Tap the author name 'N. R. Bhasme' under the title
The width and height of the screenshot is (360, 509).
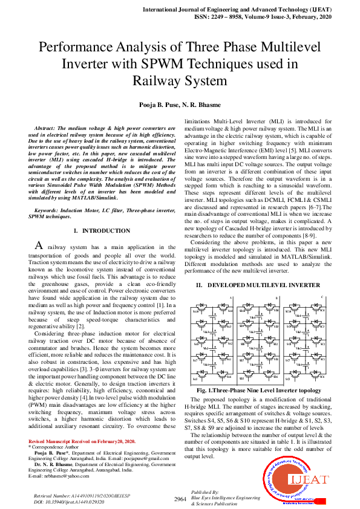point(201,105)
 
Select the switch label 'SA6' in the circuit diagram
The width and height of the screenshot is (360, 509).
point(230,377)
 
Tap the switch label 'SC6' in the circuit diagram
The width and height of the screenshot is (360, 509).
point(322,377)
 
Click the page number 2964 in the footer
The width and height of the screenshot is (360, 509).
point(180,499)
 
